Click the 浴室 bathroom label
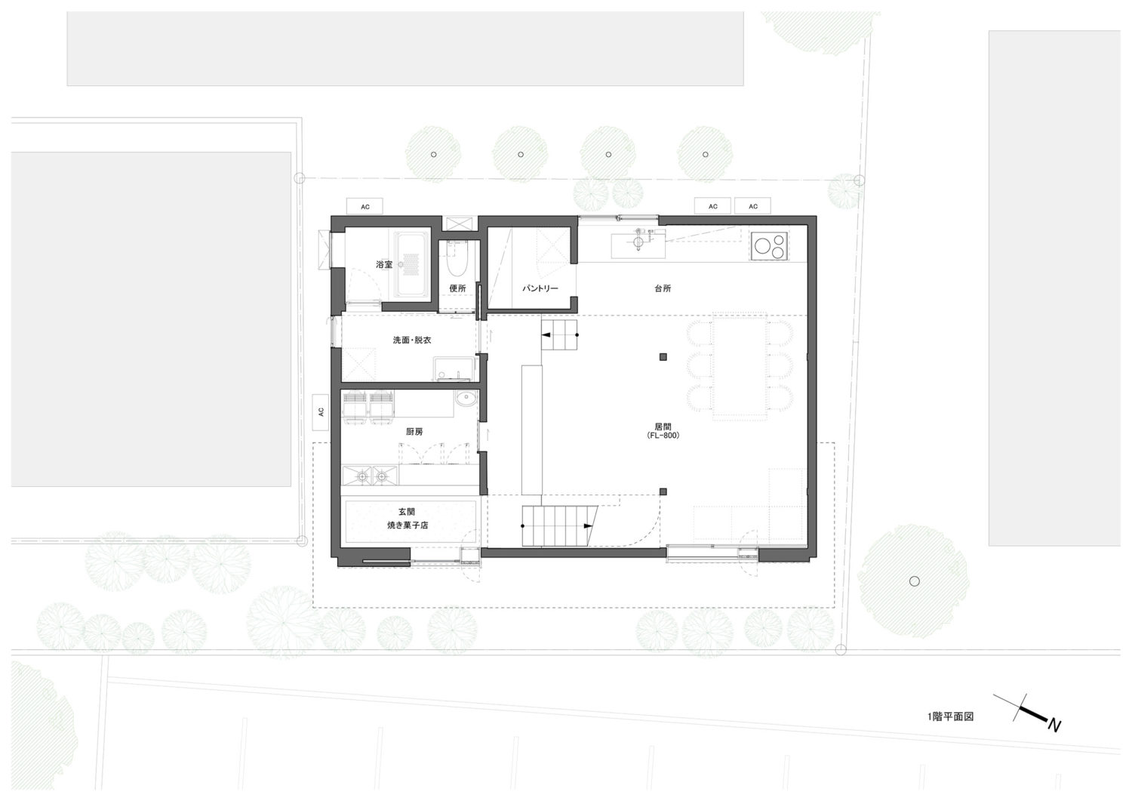384,264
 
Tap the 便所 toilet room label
457,288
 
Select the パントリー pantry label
540,288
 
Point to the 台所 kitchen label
663,288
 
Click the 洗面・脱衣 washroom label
412,340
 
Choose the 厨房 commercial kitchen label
414,431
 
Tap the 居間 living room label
663,427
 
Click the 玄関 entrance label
407,513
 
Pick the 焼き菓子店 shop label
408,525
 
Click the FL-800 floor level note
663,436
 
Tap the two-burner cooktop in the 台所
769,246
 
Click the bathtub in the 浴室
412,265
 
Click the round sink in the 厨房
465,399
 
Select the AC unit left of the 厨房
321,412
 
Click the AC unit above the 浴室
365,206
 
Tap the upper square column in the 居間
663,357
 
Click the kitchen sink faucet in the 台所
638,239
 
